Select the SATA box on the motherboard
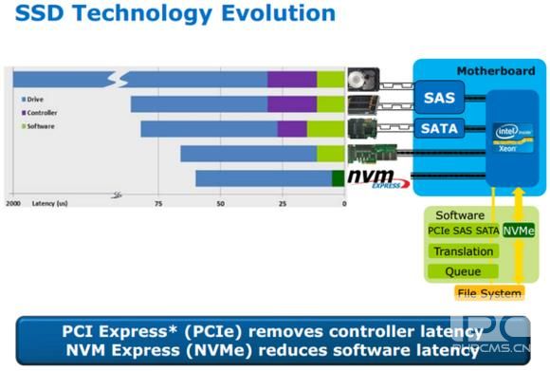pos(438,128)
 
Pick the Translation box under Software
pos(463,251)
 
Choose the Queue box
pos(463,271)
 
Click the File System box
pos(489,293)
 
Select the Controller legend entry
pos(43,112)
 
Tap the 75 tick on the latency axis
pos(157,203)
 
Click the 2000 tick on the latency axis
pos(14,203)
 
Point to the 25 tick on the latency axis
pos(283,203)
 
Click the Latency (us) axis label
pos(50,203)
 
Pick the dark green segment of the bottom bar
pos(338,178)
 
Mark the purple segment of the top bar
pos(292,79)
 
